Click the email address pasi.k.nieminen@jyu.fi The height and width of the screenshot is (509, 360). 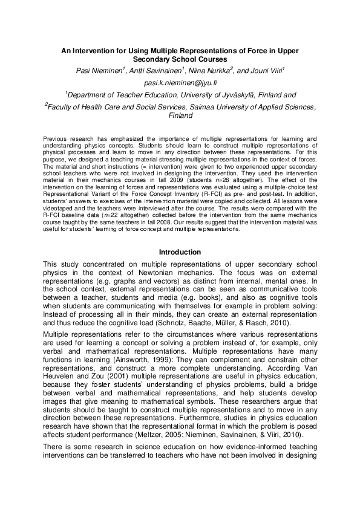coord(180,82)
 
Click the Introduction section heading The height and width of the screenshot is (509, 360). coord(180,251)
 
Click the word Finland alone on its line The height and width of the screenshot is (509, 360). coord(180,115)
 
